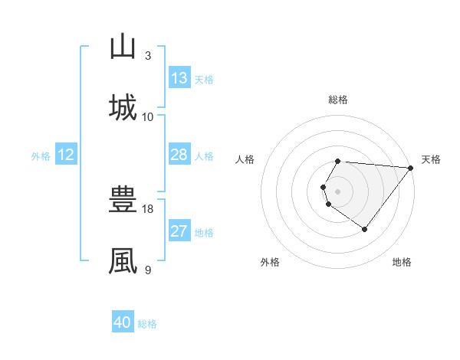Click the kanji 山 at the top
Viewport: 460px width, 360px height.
pos(123,47)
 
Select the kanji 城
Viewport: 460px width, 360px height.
pos(123,106)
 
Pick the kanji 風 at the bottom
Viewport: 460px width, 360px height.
pos(123,260)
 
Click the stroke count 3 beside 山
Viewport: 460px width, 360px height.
pos(148,56)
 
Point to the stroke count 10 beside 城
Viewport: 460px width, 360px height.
pos(148,116)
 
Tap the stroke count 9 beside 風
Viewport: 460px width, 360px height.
pos(148,270)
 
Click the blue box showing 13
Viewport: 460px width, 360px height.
pos(179,78)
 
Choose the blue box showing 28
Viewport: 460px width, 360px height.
pos(179,155)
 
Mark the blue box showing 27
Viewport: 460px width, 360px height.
pos(179,231)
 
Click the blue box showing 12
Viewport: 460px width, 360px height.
pos(66,155)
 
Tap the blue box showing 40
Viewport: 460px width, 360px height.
pos(123,322)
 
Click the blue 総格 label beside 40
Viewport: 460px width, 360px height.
pos(147,324)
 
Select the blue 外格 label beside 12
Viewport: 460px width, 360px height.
pos(41,156)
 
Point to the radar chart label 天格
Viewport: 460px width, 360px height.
pos(431,159)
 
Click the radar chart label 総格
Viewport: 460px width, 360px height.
pos(338,100)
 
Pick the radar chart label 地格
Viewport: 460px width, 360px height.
pos(402,263)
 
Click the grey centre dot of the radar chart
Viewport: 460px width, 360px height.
pos(338,191)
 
